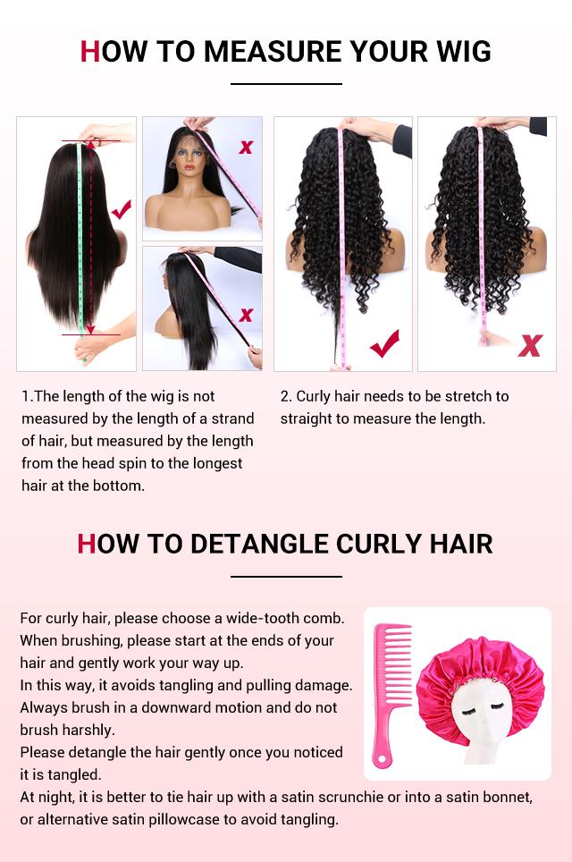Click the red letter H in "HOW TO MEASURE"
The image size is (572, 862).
pyautogui.click(x=90, y=52)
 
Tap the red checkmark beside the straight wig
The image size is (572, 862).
pyautogui.click(x=122, y=210)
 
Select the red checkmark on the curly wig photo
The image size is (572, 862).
pyautogui.click(x=385, y=343)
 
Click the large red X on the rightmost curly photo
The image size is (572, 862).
pyautogui.click(x=530, y=345)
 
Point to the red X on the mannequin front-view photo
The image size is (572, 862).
pyautogui.click(x=246, y=147)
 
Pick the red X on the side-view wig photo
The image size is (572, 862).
pyautogui.click(x=246, y=315)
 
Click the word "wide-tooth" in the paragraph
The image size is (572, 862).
pyautogui.click(x=267, y=618)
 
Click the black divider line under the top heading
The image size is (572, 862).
pyautogui.click(x=286, y=84)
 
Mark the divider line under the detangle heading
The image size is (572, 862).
pyautogui.click(x=286, y=577)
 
